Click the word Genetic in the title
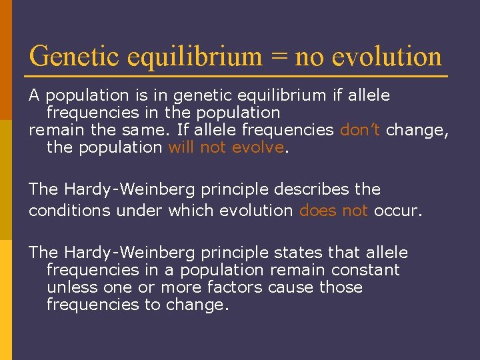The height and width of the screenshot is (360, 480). coord(71,57)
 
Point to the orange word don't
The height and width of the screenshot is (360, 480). coord(360,130)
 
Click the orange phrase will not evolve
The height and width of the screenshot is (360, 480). coord(226,147)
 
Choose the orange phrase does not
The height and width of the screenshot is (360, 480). coord(333,210)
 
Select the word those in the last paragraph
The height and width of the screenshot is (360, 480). coord(341,287)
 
